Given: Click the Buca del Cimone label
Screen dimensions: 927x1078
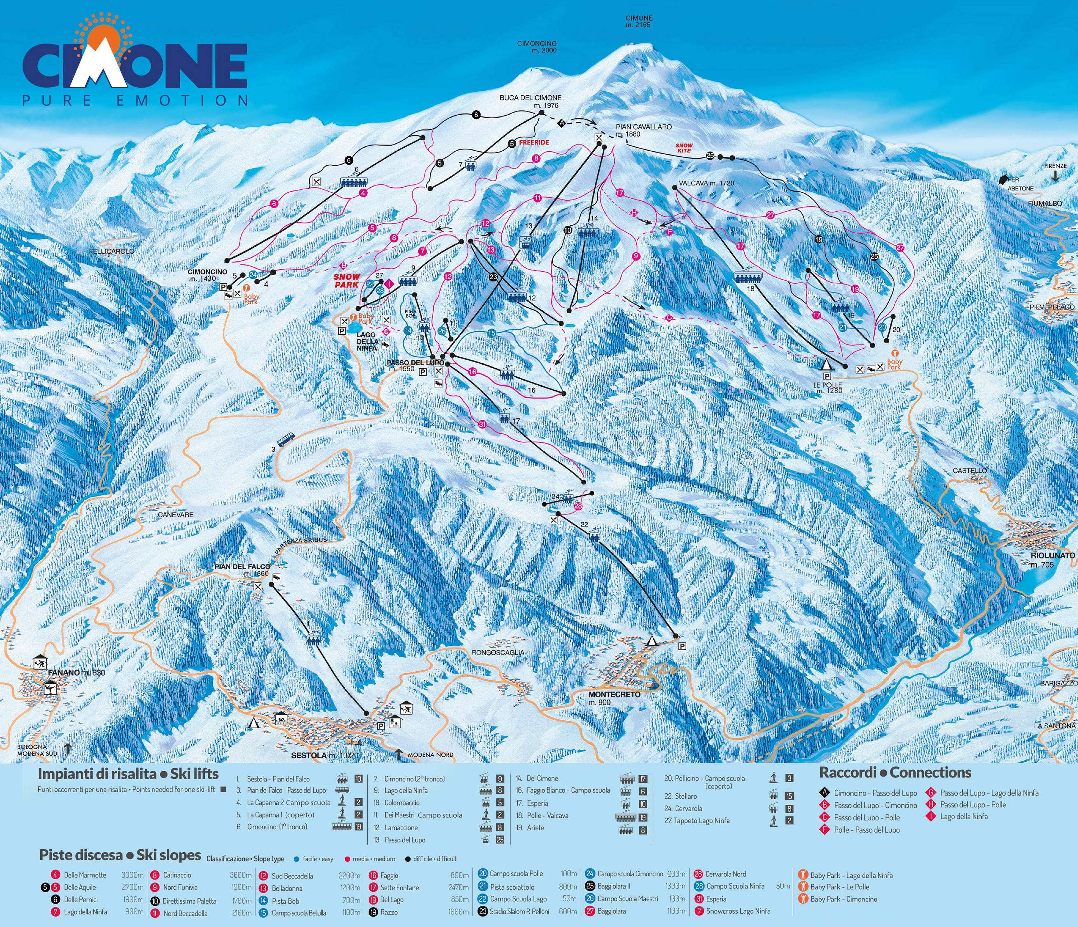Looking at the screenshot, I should click(x=530, y=98).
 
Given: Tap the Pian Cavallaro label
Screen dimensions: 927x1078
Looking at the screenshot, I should click(x=644, y=127).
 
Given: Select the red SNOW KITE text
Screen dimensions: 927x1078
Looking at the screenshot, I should click(x=684, y=148).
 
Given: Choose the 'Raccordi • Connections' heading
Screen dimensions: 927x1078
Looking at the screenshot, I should click(x=895, y=772).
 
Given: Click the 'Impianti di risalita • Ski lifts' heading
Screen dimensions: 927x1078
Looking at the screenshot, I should click(x=128, y=774).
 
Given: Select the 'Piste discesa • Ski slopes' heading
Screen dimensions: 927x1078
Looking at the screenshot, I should click(x=120, y=855).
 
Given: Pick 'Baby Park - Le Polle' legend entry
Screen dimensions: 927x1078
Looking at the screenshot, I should click(x=840, y=887).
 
